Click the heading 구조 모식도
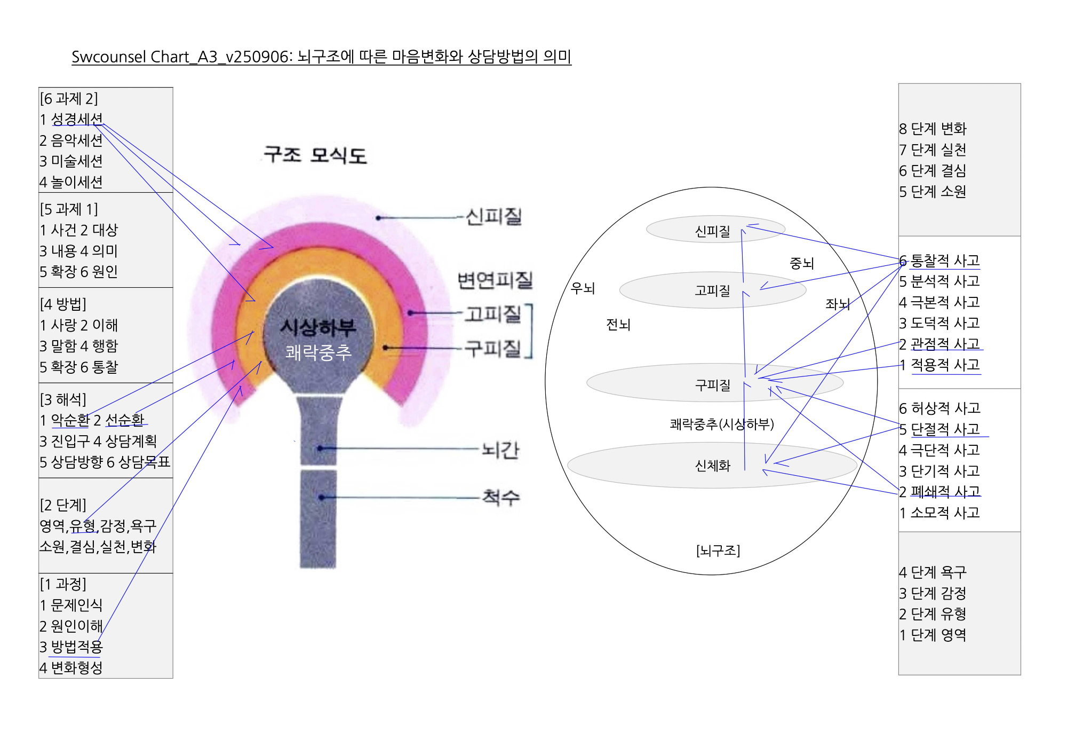tap(315, 155)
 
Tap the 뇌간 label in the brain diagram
tap(500, 450)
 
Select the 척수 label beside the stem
tap(500, 497)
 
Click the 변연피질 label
tap(495, 280)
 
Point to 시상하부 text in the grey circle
tap(318, 327)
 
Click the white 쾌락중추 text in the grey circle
tap(318, 352)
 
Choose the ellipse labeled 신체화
tap(712, 466)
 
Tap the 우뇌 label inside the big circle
tap(583, 288)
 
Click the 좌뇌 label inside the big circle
tap(837, 304)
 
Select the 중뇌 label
tap(801, 263)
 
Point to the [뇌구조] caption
tap(718, 550)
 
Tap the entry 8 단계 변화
tap(933, 129)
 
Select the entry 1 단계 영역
tap(933, 635)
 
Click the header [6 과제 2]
tap(69, 99)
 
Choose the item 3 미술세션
tap(71, 161)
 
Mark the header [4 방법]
tap(63, 304)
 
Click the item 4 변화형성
tap(71, 667)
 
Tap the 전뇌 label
tap(618, 324)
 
